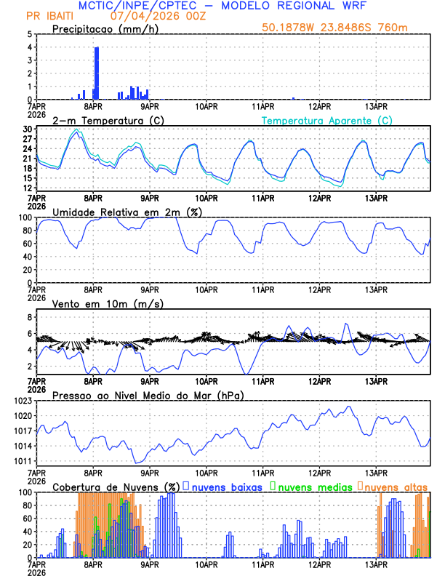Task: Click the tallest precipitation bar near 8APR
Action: (x=97, y=73)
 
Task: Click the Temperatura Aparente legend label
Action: (x=326, y=120)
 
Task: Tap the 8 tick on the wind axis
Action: (x=30, y=317)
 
